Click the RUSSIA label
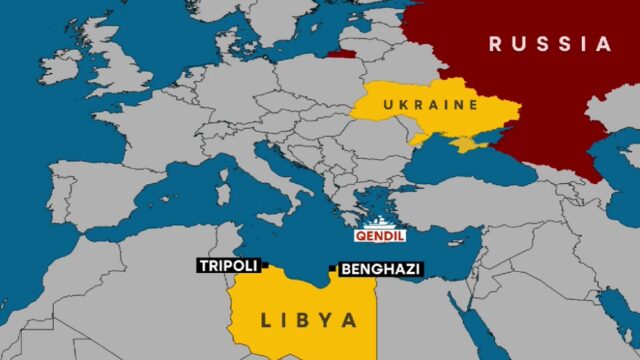click(549, 44)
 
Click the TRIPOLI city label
click(229, 266)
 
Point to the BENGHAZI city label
click(380, 269)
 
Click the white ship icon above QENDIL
click(380, 223)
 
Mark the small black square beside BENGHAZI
click(332, 268)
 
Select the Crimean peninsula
click(467, 144)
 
